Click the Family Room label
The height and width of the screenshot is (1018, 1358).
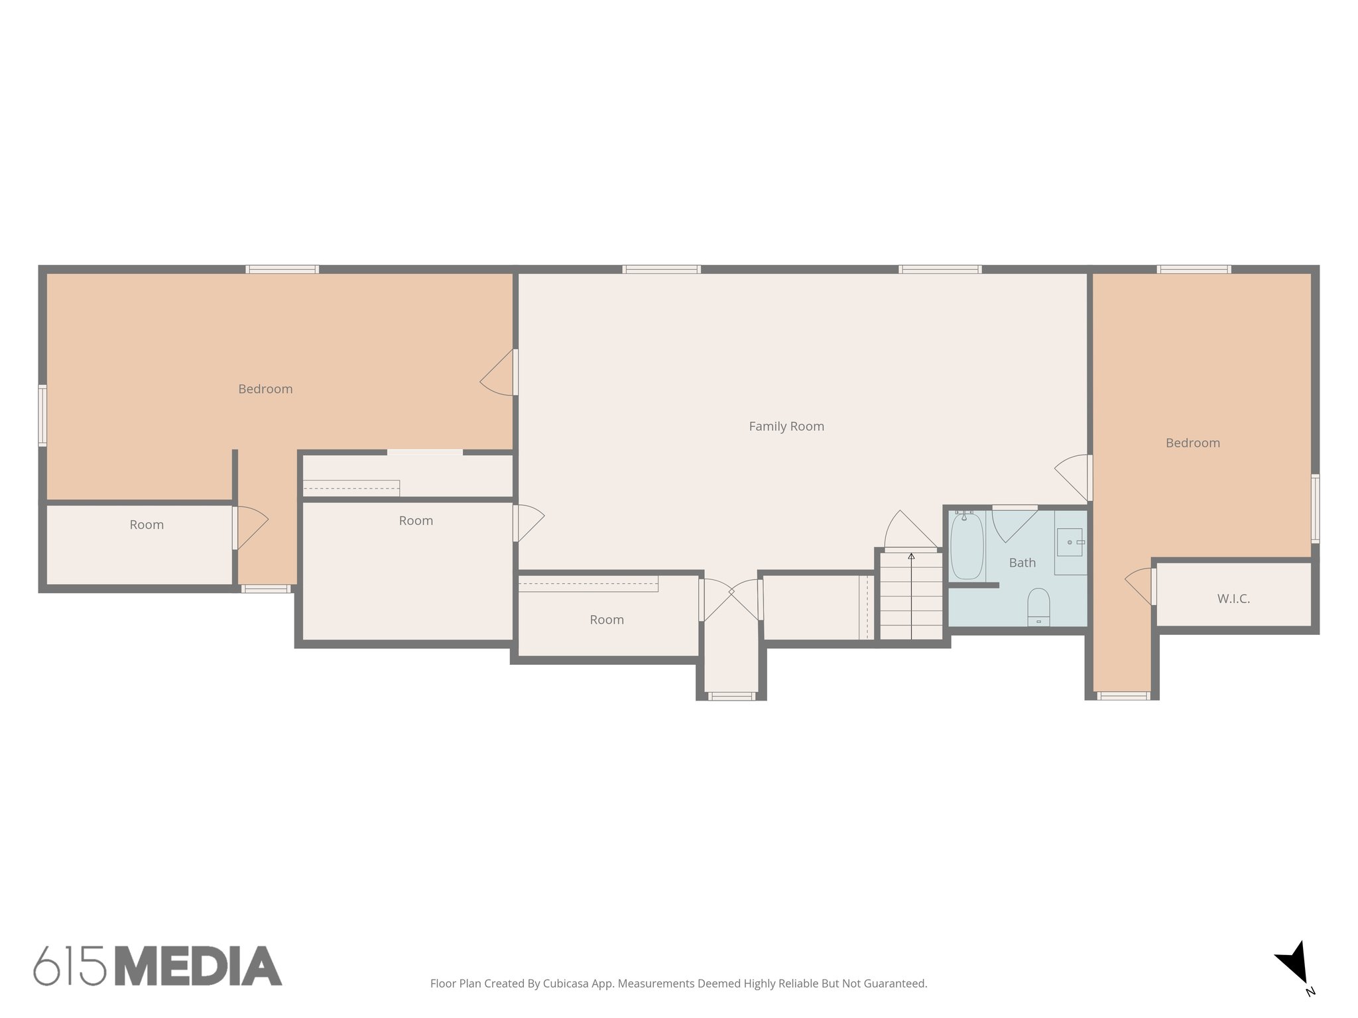pyautogui.click(x=786, y=427)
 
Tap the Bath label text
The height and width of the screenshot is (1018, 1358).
pyautogui.click(x=1022, y=563)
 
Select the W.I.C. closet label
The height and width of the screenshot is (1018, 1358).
pyautogui.click(x=1233, y=599)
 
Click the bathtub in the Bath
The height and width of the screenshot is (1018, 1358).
pyautogui.click(x=966, y=545)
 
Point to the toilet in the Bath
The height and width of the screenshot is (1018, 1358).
pyautogui.click(x=1038, y=606)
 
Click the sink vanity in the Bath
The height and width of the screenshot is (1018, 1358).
pyautogui.click(x=1070, y=543)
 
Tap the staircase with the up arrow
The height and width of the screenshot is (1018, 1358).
pyautogui.click(x=911, y=596)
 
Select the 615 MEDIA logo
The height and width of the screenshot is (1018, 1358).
pyautogui.click(x=158, y=966)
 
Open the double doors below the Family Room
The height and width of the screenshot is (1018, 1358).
pyautogui.click(x=731, y=599)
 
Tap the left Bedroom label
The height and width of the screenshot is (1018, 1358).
pyautogui.click(x=265, y=389)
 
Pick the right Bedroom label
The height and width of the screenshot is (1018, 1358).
pyautogui.click(x=1192, y=443)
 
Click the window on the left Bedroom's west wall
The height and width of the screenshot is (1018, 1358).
pyautogui.click(x=42, y=416)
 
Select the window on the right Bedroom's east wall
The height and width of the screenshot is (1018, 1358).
pyautogui.click(x=1316, y=508)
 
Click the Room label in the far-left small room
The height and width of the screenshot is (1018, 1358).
pyautogui.click(x=147, y=525)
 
